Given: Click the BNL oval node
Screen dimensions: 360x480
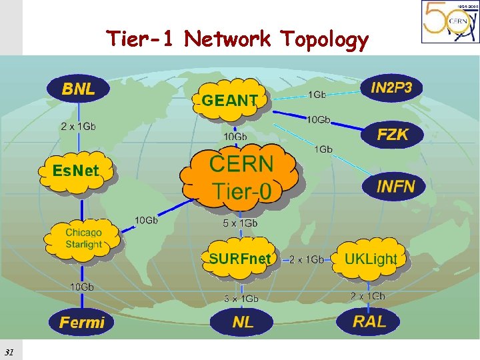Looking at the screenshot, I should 78,88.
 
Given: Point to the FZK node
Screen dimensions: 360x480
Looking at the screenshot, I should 392,134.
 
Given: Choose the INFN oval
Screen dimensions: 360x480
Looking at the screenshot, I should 395,185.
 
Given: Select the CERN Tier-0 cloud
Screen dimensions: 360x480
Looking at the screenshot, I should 241,177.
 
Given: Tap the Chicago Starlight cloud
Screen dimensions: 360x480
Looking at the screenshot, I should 83,238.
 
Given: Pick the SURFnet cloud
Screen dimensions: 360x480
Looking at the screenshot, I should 240,258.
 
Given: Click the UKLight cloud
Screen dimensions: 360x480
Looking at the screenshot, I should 370,258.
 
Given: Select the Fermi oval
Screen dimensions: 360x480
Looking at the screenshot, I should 81,323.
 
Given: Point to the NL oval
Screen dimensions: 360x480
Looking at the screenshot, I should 243,322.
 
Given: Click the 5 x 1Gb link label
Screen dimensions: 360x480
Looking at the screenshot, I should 239,223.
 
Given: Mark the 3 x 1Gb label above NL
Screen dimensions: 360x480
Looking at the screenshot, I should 241,298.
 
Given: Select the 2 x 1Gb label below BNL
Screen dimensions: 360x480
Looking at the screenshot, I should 78,126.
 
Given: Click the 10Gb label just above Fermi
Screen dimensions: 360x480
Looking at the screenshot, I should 82,287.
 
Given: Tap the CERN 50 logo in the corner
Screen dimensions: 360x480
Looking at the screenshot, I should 449,22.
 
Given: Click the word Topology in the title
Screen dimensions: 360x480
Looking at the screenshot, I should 324,40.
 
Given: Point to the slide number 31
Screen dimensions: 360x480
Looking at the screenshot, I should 9,351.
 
